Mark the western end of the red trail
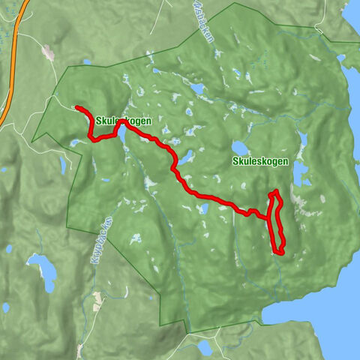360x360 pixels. click(77, 108)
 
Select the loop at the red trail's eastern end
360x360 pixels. click(277, 223)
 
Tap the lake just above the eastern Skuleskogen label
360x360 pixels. click(240, 147)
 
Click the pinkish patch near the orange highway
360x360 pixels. click(49, 52)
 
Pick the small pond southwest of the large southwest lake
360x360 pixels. click(6, 307)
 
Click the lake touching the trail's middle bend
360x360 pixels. click(186, 158)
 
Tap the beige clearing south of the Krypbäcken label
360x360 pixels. click(97, 301)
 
